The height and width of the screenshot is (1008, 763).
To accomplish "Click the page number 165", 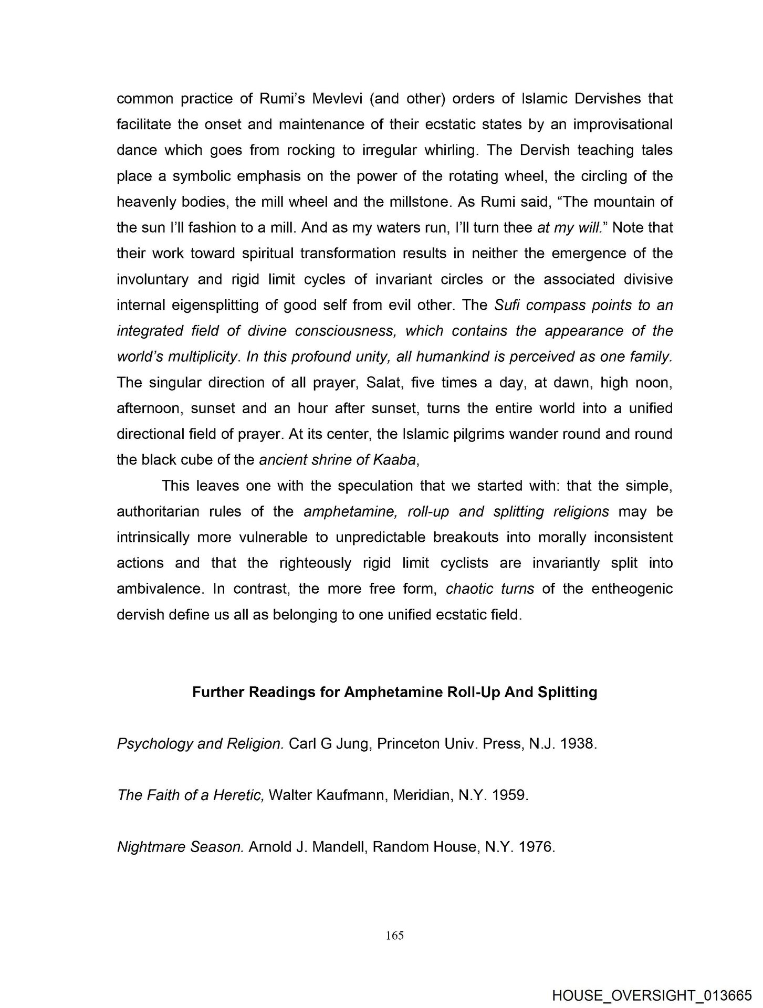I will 394,935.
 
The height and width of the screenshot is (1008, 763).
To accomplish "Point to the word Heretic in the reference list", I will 238,795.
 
